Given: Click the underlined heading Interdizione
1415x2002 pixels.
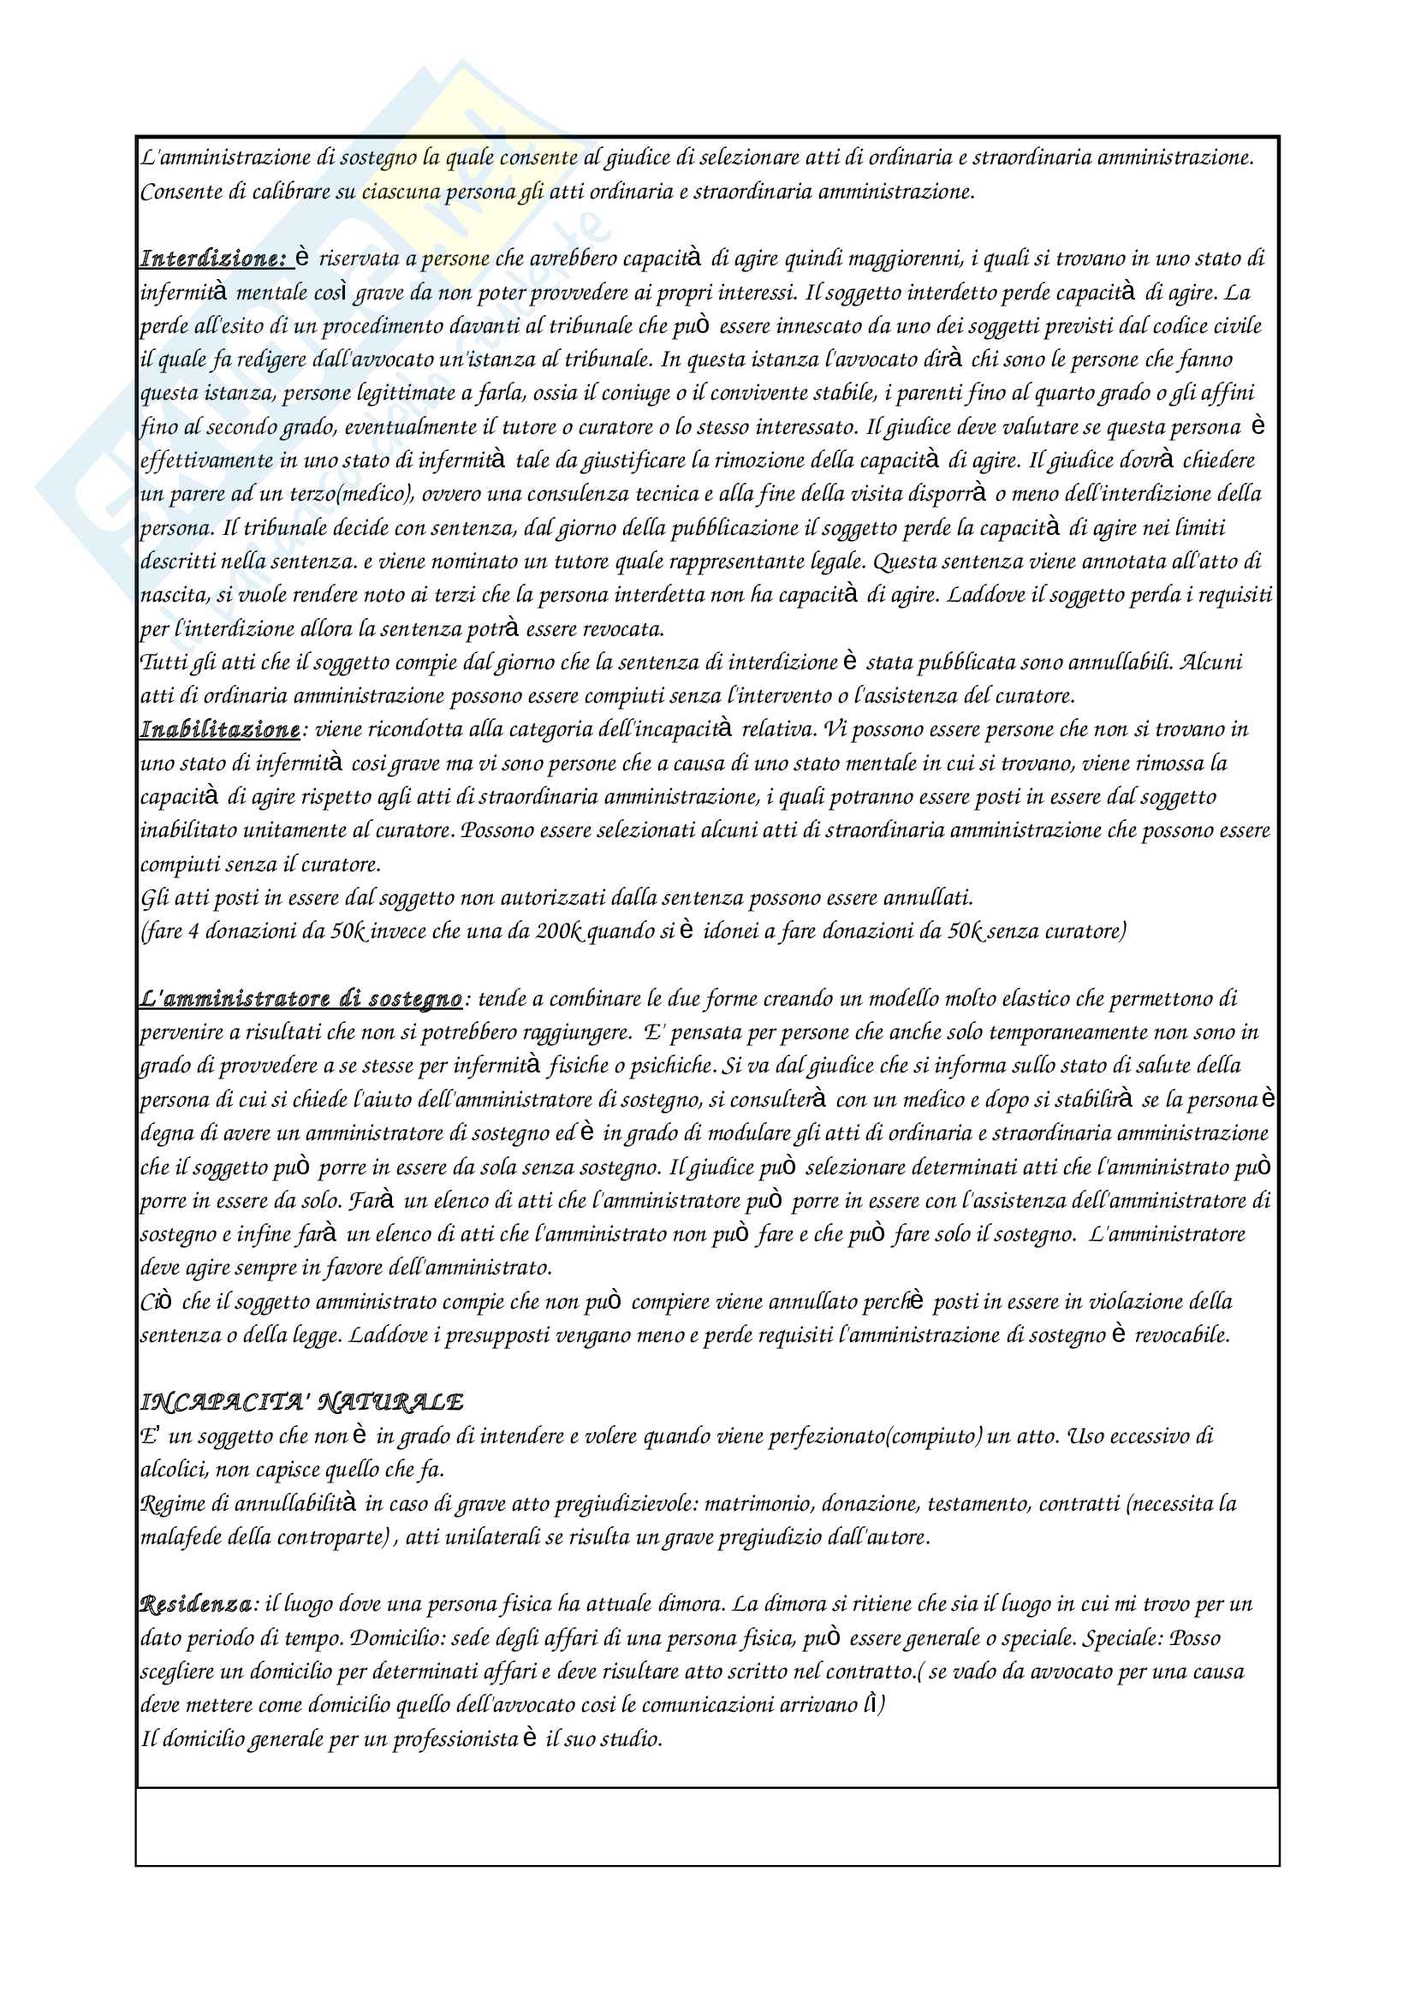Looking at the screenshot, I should [x=213, y=259].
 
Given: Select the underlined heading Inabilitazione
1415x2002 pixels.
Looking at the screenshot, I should [x=220, y=729].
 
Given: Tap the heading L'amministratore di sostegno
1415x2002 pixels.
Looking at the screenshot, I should [x=300, y=998].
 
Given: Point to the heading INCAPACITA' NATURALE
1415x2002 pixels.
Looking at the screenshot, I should [x=301, y=1402].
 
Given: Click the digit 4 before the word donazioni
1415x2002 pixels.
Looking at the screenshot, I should [x=193, y=931].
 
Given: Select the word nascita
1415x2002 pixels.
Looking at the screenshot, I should [x=170, y=595].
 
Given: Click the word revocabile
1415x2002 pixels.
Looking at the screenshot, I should [x=1182, y=1335].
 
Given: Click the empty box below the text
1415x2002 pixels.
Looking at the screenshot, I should [x=707, y=1827].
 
